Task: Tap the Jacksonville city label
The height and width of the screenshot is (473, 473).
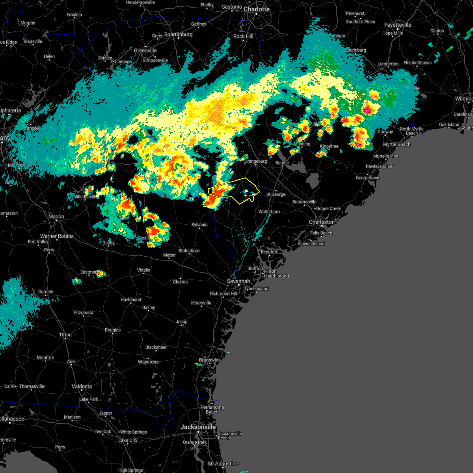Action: coord(198,427)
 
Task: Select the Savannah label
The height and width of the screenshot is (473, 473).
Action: coord(238,281)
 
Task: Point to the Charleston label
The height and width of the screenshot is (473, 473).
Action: coord(322,222)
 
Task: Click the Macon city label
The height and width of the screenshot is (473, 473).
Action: coord(56,216)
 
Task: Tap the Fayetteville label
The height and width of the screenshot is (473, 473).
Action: coord(398,25)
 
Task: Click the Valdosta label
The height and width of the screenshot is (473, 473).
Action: coord(82,386)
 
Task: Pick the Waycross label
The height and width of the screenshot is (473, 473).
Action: coord(148,362)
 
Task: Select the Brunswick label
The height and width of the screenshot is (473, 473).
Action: coord(210,360)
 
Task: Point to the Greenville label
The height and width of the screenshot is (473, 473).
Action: coord(145,50)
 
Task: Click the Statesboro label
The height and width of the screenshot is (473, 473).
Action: coord(189,251)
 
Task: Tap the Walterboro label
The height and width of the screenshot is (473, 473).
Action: coord(269,212)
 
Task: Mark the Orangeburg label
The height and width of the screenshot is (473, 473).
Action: coord(255,161)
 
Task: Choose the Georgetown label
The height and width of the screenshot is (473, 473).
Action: coord(367,178)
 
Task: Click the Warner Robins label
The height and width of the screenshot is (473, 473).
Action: coord(57,236)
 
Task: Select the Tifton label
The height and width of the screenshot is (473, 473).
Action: coord(65,335)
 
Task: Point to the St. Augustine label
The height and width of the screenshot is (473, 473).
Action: coord(223,464)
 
